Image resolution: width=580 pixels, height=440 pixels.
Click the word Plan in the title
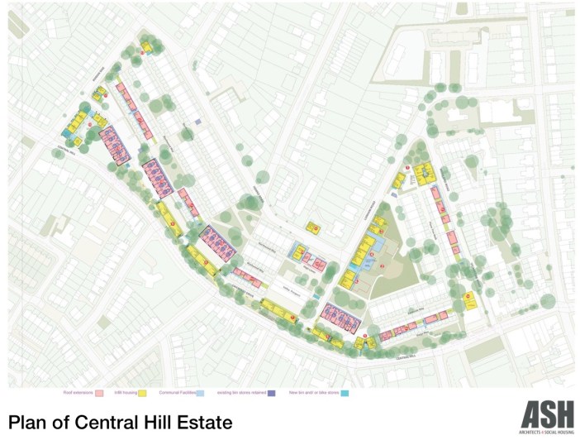[31, 422]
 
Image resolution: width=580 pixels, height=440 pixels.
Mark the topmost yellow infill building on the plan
[146, 47]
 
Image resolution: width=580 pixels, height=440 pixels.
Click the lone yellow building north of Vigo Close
[313, 227]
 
